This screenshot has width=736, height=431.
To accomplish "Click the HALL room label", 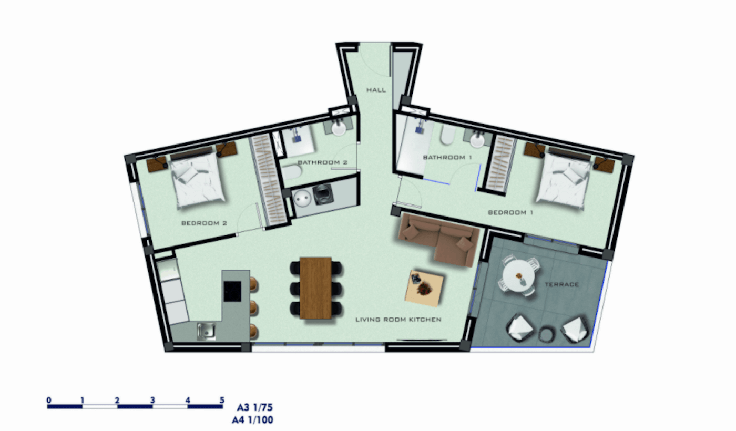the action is (x=376, y=90).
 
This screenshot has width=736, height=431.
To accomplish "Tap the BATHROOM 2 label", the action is (x=322, y=162).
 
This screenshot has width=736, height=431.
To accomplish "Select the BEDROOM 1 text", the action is (x=510, y=212).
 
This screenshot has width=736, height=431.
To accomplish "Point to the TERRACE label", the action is (x=562, y=284).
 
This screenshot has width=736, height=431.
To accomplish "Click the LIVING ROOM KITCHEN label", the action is (x=398, y=320).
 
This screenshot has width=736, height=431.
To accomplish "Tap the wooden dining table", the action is (x=315, y=288).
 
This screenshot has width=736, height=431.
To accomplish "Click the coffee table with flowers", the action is (x=424, y=288).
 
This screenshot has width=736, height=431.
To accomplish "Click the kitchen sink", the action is (x=206, y=331).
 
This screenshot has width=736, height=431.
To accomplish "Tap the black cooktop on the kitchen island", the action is (x=232, y=291).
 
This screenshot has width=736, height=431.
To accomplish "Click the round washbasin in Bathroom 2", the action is (x=339, y=128).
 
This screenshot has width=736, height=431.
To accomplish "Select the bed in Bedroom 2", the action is (x=198, y=179).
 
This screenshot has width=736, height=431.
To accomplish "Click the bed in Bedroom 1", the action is (x=564, y=179).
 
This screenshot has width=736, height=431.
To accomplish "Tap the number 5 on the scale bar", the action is (x=222, y=400).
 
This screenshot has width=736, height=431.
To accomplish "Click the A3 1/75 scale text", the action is (x=254, y=408).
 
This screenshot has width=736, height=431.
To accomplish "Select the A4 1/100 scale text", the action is (x=252, y=420).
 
